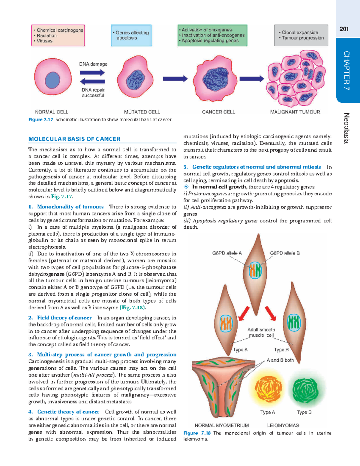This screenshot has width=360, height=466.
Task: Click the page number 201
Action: click(x=344, y=29)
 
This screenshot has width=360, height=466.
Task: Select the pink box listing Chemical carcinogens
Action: click(x=58, y=35)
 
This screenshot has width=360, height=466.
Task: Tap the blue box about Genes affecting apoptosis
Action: click(x=131, y=35)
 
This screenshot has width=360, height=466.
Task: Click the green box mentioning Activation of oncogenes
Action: click(x=212, y=35)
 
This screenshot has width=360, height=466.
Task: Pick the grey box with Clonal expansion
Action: click(x=301, y=35)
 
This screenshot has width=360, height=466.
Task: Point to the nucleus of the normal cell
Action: click(x=52, y=80)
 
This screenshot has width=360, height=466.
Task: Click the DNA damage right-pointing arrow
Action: click(x=92, y=72)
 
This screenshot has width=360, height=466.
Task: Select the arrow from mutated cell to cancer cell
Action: click(x=175, y=79)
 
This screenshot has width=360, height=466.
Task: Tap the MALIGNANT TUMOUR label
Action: click(x=295, y=112)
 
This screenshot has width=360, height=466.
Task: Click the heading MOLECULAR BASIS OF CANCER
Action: click(x=74, y=139)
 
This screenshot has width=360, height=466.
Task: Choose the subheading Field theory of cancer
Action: click(x=64, y=317)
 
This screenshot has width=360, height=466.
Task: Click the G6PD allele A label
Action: click(x=227, y=253)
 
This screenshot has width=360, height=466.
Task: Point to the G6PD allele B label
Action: click(x=285, y=253)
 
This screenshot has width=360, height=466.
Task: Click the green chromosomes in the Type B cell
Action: click(x=294, y=323)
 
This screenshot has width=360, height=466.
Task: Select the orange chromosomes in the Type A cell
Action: click(x=226, y=323)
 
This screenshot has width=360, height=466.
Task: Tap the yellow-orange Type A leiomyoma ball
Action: click(x=268, y=390)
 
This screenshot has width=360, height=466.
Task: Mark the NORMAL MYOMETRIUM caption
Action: click(x=222, y=425)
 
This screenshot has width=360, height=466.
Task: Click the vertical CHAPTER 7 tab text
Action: click(x=346, y=71)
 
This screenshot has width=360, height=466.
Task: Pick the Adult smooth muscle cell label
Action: click(x=261, y=332)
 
